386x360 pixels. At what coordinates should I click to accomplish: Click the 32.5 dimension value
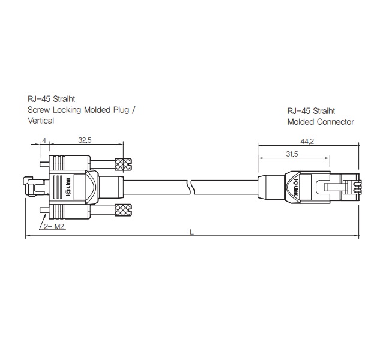[x=85, y=140]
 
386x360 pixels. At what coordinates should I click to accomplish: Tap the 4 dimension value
[x=44, y=140]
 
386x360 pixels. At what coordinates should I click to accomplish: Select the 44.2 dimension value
[x=307, y=142]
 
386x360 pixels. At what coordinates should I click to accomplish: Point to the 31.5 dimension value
[x=292, y=154]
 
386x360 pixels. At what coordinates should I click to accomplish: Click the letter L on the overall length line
[x=192, y=232]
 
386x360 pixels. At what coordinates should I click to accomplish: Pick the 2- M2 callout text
[x=54, y=226]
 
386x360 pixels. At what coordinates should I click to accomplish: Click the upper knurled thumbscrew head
[x=123, y=164]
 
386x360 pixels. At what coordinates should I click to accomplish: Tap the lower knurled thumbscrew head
[x=123, y=210]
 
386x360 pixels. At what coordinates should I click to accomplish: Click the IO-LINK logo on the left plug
[x=68, y=187]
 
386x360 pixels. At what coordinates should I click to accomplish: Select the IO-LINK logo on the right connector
[x=295, y=187]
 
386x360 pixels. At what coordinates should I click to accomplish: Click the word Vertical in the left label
[x=41, y=121]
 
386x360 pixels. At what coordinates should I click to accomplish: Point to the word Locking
[x=67, y=110]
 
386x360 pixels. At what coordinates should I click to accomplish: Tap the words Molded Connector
[x=321, y=122]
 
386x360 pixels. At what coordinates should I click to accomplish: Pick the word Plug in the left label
[x=121, y=110]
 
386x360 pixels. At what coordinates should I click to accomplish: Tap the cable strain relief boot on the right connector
[x=271, y=187]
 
